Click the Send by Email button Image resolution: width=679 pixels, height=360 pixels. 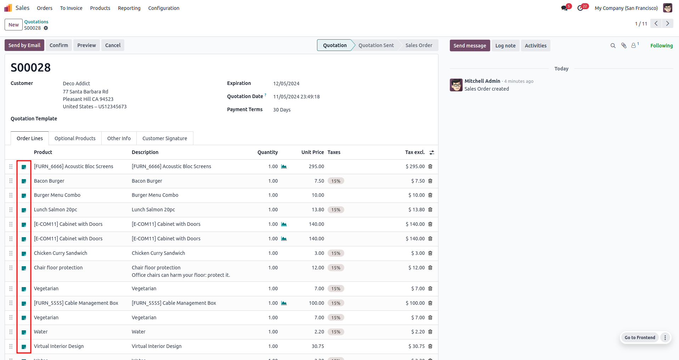coord(24,45)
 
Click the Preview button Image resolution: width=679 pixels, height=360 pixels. coord(86,45)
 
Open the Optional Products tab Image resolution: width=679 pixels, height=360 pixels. coord(75,138)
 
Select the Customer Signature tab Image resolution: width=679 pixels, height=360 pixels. coord(165,138)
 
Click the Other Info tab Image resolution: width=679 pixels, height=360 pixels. coord(119,138)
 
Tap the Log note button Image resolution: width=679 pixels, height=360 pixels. coord(505,46)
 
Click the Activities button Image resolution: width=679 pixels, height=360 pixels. coord(536,46)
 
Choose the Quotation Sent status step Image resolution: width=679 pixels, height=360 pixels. coord(376,45)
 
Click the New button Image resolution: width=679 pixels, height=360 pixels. coord(13,25)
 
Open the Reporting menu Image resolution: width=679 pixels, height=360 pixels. coord(129,8)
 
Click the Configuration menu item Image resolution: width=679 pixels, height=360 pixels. coord(164,8)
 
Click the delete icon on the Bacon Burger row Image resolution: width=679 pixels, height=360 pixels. coord(430,181)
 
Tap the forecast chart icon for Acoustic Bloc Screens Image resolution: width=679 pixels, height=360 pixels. coord(284,166)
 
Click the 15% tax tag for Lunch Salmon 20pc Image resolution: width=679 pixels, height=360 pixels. coord(336,210)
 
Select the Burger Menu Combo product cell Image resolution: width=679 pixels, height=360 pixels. coord(57,195)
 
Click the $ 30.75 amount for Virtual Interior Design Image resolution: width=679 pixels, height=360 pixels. coord(417,346)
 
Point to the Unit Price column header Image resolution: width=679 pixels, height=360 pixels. coord(313,152)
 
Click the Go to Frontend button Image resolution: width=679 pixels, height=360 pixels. coord(640,338)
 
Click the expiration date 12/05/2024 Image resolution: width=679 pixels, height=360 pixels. coord(286,84)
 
